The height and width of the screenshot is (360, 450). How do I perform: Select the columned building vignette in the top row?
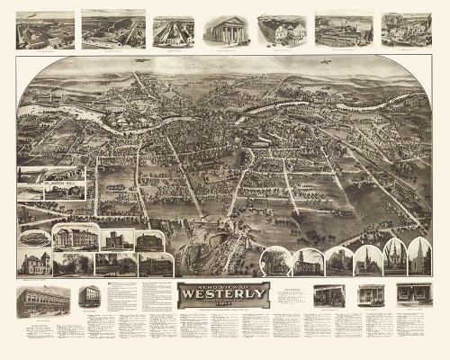pyautogui.click(x=225, y=31)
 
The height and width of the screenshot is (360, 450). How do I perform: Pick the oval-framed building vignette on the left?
pyautogui.click(x=34, y=238)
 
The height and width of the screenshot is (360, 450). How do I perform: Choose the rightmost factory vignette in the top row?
pyautogui.click(x=406, y=30)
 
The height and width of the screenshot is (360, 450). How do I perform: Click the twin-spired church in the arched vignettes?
pyautogui.click(x=394, y=258)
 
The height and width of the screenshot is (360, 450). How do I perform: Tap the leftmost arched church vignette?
pyautogui.click(x=274, y=262)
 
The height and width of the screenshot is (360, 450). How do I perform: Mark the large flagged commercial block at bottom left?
pyautogui.click(x=42, y=301)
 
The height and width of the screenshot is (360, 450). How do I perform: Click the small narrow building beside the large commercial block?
pyautogui.click(x=88, y=297)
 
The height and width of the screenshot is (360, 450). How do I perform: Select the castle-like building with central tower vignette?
pyautogui.click(x=118, y=240)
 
